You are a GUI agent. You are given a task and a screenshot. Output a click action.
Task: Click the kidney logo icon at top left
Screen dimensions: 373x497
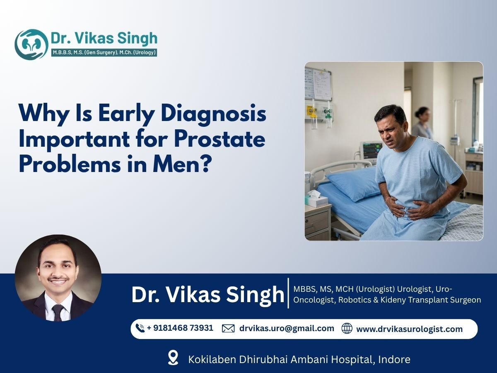pos(31,44)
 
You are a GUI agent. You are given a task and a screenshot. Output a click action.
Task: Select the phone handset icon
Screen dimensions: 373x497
pos(140,329)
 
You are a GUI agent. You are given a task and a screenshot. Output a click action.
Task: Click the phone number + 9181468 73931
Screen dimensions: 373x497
pos(180,328)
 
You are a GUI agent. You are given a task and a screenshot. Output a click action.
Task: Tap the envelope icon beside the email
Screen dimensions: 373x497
pos(228,329)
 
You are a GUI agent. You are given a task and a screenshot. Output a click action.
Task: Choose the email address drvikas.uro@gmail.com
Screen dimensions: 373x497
pos(287,328)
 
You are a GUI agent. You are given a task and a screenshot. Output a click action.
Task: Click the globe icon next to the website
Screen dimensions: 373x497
pos(347,329)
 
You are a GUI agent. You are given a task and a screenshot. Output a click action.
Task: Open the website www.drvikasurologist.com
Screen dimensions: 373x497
pos(409,329)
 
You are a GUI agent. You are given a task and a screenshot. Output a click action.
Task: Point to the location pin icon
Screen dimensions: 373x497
pos(173,358)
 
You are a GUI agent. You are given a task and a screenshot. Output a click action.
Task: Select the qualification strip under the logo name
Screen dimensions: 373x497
pos(104,53)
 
